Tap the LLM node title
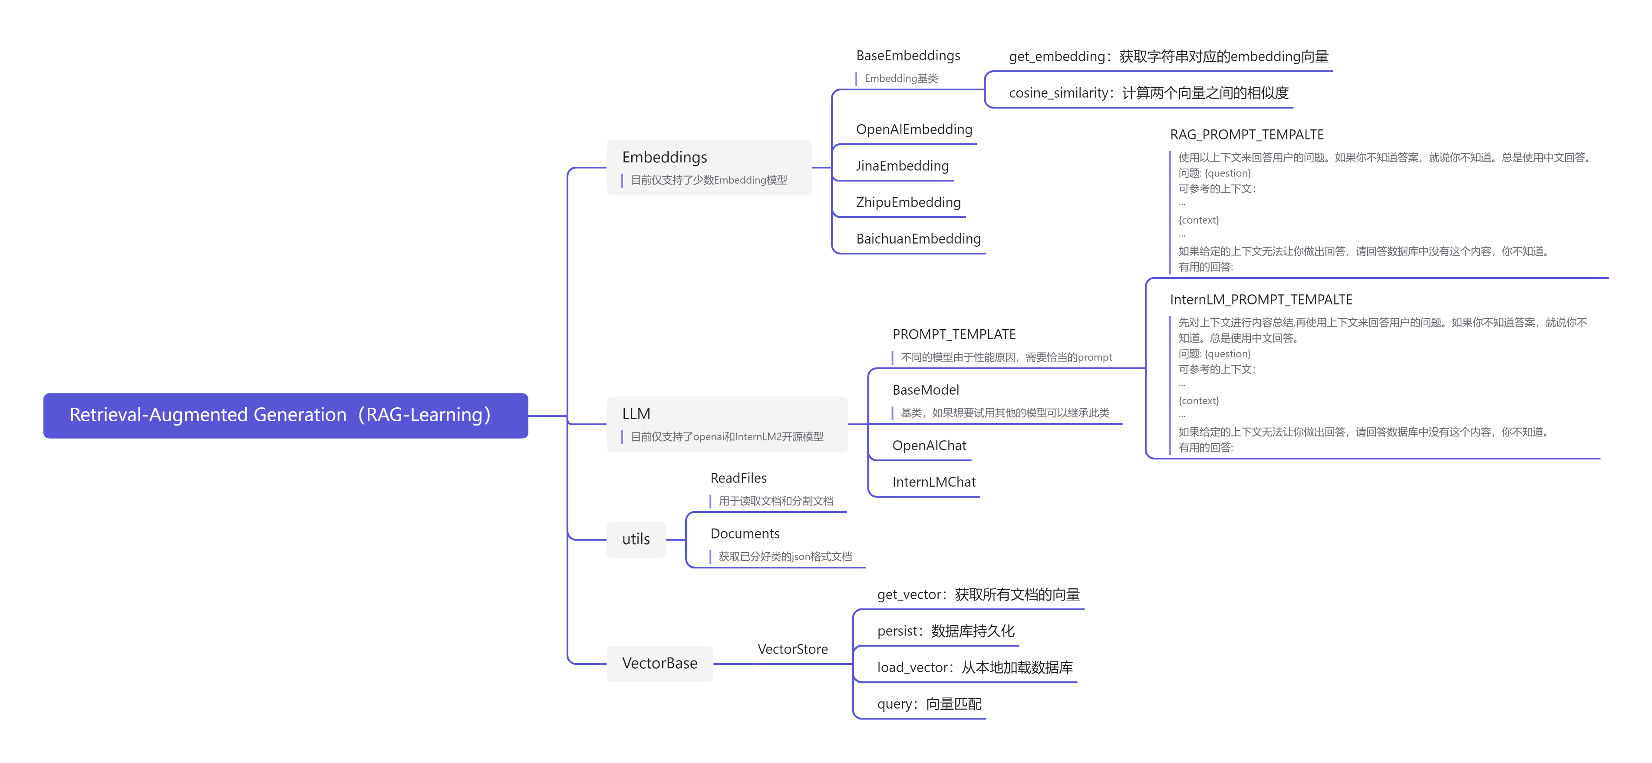pyautogui.click(x=636, y=414)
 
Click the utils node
pyautogui.click(x=636, y=539)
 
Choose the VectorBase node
pyautogui.click(x=659, y=663)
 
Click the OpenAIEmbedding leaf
pyautogui.click(x=914, y=129)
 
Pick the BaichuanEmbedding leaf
pyautogui.click(x=918, y=239)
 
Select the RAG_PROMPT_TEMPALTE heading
pyautogui.click(x=1246, y=135)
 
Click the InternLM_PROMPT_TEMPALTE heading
pyautogui.click(x=1261, y=300)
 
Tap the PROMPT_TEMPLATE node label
pyautogui.click(x=953, y=334)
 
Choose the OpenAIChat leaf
pyautogui.click(x=929, y=446)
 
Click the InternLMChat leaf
pyautogui.click(x=934, y=482)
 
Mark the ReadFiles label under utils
pyautogui.click(x=738, y=478)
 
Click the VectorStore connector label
pyautogui.click(x=793, y=649)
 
